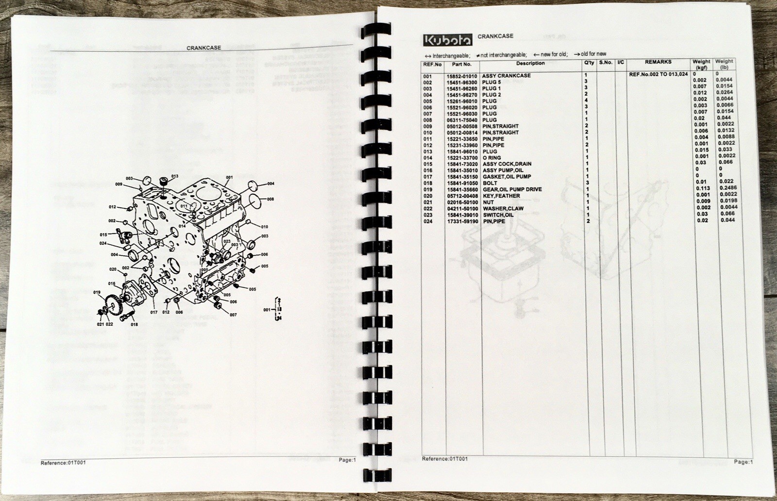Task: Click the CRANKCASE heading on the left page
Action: (x=203, y=48)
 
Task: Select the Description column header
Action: (x=530, y=63)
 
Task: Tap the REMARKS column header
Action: (x=658, y=62)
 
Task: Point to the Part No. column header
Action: (x=461, y=64)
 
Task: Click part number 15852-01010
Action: (x=461, y=76)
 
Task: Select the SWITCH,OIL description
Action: (x=498, y=215)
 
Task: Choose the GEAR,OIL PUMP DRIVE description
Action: (x=512, y=189)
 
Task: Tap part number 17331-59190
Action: (x=461, y=221)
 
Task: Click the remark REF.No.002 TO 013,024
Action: (x=658, y=75)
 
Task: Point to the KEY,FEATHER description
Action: (x=501, y=196)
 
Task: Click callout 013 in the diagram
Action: (x=175, y=176)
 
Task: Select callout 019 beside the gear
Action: (x=97, y=292)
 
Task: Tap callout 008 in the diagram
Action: (x=270, y=199)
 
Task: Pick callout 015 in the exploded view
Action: (x=104, y=234)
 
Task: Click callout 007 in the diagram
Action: (x=234, y=315)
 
